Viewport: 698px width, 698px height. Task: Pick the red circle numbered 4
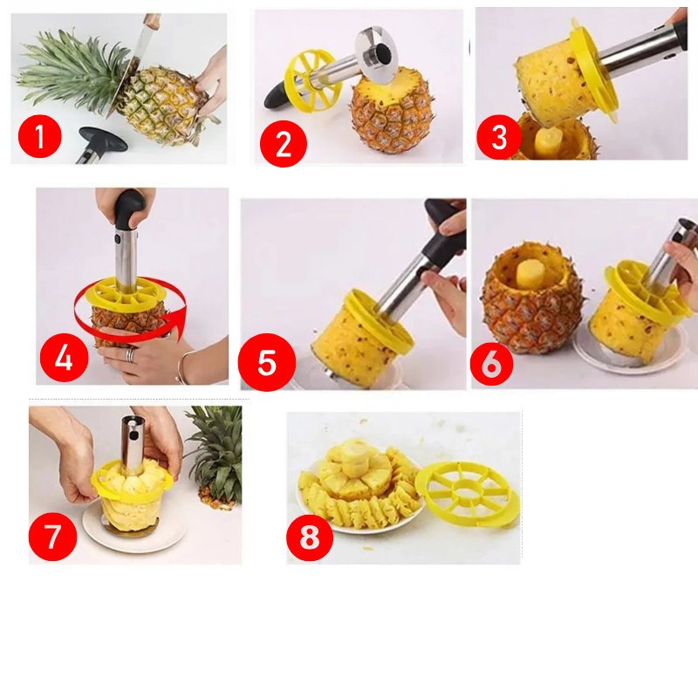64,357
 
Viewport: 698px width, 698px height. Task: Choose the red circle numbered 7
53,536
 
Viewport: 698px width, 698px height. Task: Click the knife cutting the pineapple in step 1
140,48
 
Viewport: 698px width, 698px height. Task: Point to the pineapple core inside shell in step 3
547,140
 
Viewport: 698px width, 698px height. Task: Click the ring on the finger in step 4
129,354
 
